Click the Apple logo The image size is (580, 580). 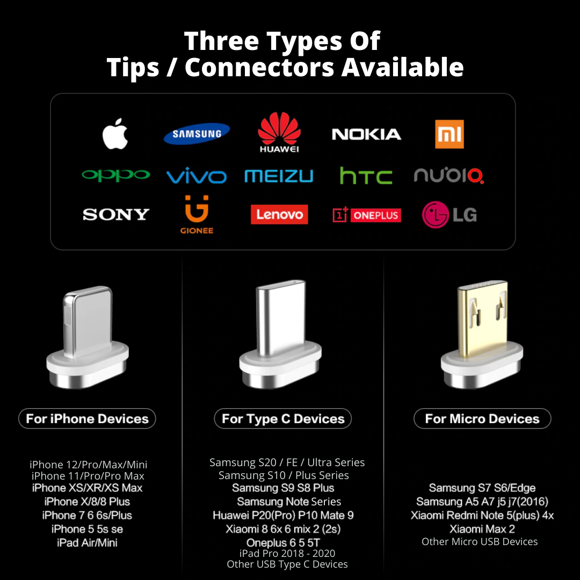(x=115, y=134)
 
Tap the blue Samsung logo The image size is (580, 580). (x=197, y=134)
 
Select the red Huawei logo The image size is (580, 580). (x=279, y=133)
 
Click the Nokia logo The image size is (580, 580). (x=366, y=134)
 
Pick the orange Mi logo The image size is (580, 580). (x=450, y=134)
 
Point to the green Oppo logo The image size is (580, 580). (x=116, y=175)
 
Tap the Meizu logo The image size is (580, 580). (x=279, y=176)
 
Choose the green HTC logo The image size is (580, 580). (x=366, y=176)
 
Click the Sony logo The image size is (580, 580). (x=116, y=214)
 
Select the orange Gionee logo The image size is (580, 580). (x=197, y=214)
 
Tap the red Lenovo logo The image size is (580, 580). (x=279, y=214)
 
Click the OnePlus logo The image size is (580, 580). (x=367, y=215)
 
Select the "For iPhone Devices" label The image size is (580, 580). (x=88, y=419)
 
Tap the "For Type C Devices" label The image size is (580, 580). (x=283, y=419)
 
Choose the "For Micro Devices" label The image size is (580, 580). (x=482, y=419)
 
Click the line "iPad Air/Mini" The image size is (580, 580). (x=88, y=542)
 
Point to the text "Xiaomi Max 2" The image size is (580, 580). (x=482, y=529)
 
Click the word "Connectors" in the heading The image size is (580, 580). (x=259, y=67)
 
